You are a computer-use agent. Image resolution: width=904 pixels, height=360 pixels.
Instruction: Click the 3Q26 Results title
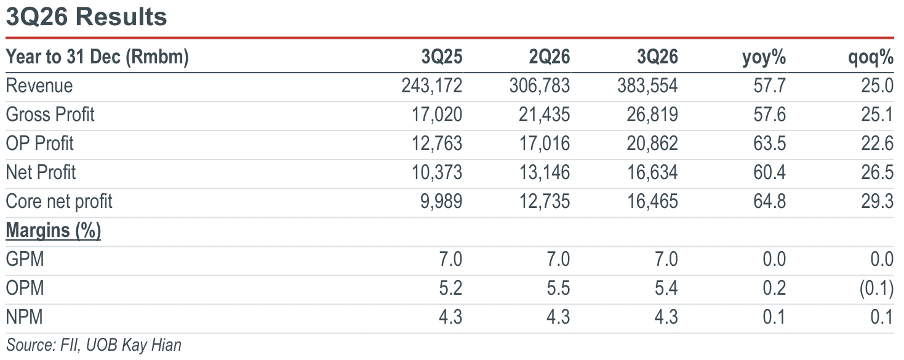click(86, 17)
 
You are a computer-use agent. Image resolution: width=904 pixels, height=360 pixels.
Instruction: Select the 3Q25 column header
click(442, 57)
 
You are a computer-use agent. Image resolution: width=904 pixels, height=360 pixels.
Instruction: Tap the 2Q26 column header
click(550, 57)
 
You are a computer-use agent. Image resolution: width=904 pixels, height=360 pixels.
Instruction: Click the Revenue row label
click(39, 86)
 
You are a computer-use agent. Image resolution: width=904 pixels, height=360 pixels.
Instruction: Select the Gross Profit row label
click(50, 114)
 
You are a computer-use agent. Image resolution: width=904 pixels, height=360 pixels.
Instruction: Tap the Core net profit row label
click(59, 201)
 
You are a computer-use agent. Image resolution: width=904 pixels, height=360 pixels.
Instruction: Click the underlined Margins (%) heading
click(54, 230)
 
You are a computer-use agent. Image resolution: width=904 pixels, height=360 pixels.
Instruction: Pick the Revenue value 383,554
click(647, 86)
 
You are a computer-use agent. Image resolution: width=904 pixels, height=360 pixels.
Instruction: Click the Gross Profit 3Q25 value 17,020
click(437, 115)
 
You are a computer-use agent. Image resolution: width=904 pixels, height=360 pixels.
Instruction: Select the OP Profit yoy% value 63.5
click(770, 143)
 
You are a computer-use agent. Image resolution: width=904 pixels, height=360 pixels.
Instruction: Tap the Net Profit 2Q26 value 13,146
click(545, 173)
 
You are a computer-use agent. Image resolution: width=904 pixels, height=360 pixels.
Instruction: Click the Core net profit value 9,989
click(441, 202)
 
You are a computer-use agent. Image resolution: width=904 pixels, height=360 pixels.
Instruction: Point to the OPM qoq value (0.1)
click(876, 289)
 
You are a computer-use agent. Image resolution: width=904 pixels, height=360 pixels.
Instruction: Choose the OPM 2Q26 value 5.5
click(558, 288)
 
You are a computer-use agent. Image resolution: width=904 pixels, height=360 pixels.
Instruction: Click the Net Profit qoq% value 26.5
click(878, 173)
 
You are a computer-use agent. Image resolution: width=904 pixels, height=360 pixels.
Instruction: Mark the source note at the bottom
click(94, 345)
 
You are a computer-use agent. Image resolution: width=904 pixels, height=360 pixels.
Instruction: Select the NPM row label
click(24, 317)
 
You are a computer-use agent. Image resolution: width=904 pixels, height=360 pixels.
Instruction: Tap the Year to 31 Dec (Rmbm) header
click(97, 57)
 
